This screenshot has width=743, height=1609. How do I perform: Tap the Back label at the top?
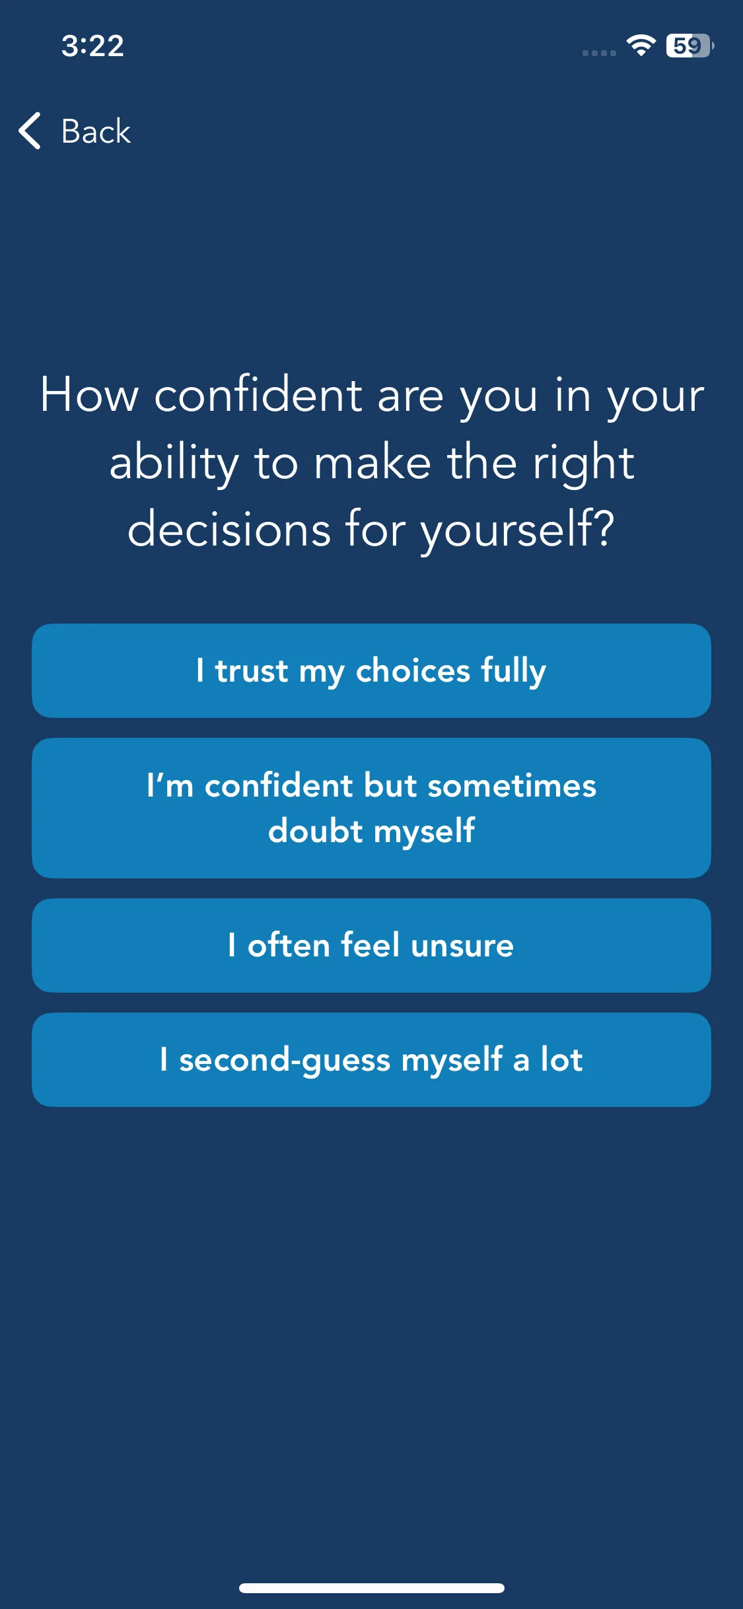[x=96, y=131]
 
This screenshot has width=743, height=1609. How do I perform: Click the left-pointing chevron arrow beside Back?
[x=30, y=131]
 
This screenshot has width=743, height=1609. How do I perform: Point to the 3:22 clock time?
[x=92, y=46]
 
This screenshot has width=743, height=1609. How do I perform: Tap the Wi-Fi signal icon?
[x=641, y=45]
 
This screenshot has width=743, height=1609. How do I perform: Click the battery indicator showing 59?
[x=690, y=46]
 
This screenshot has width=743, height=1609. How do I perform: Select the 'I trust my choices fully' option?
[x=371, y=670]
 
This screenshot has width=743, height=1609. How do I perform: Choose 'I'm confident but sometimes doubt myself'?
[x=371, y=808]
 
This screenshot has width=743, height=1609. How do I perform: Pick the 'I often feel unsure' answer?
[x=371, y=945]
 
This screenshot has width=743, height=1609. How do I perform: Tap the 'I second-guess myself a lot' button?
[x=371, y=1059]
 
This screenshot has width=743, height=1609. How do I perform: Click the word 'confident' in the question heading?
[x=258, y=394]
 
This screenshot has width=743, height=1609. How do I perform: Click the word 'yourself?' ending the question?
[x=518, y=530]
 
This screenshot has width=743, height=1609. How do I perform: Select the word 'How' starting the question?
[x=90, y=394]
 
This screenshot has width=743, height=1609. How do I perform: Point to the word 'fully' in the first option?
[x=513, y=671]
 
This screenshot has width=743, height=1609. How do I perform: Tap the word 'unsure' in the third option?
[x=462, y=945]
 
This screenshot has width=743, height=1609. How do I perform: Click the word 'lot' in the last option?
[x=561, y=1059]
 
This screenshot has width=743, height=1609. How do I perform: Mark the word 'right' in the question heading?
[x=584, y=464]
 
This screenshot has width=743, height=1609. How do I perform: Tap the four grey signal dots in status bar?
[x=599, y=53]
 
